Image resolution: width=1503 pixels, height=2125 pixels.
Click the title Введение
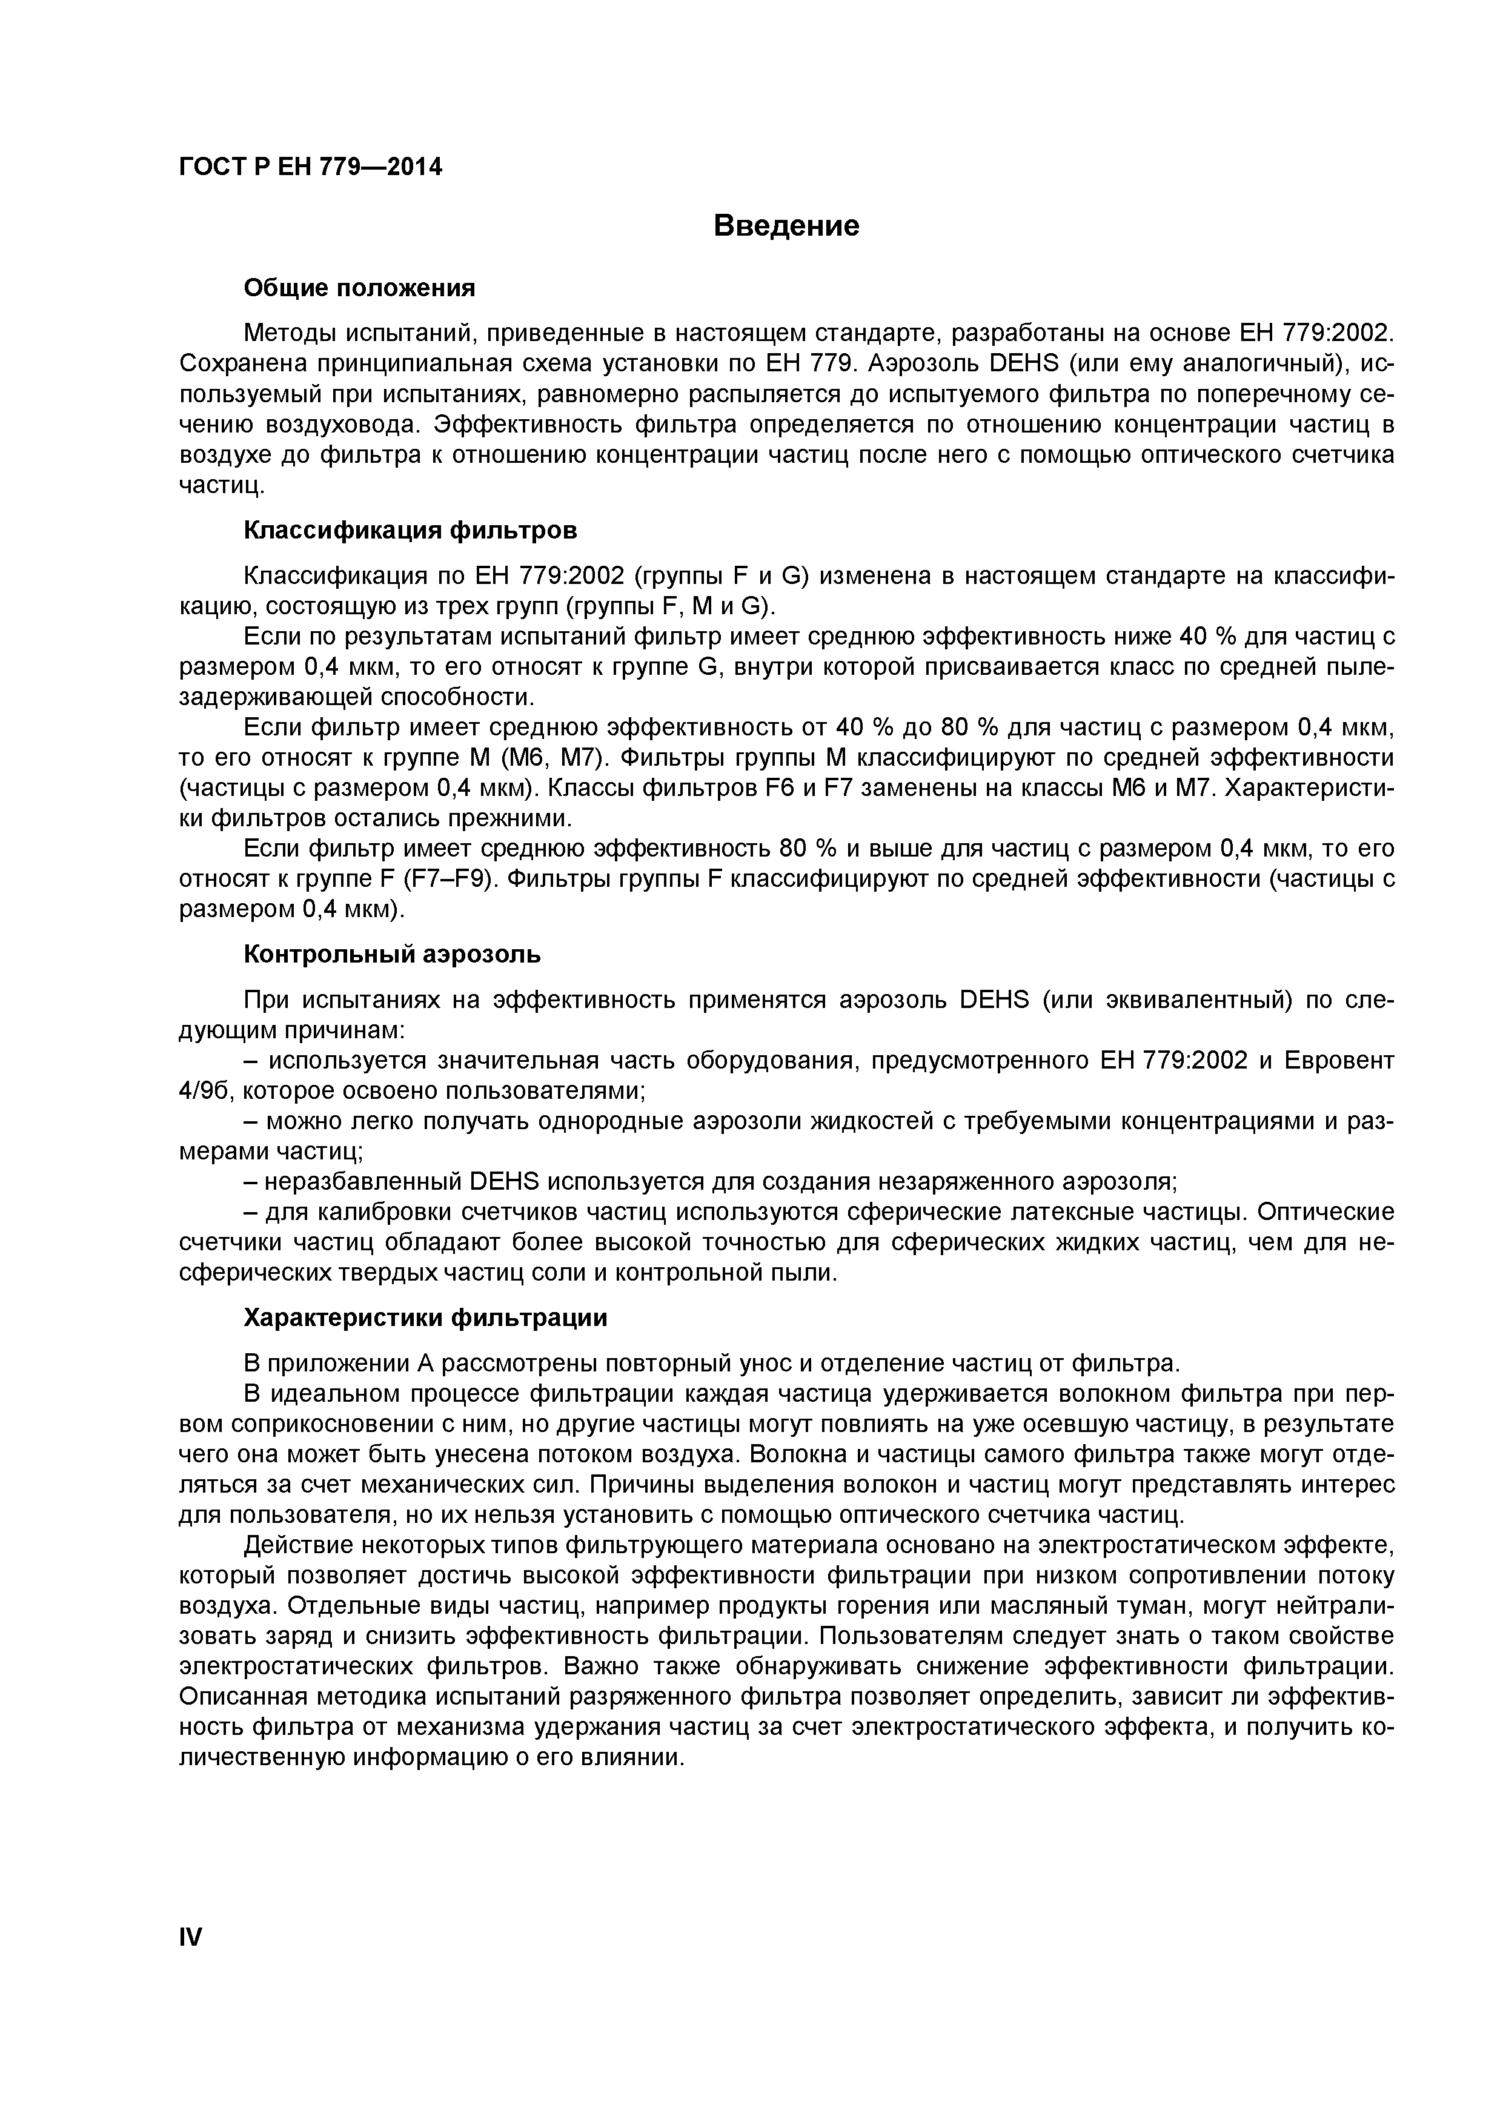[787, 226]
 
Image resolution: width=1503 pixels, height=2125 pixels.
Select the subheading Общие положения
[359, 289]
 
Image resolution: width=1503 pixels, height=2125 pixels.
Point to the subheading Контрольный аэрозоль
[393, 954]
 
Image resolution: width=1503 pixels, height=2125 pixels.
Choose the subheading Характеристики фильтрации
[426, 1318]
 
